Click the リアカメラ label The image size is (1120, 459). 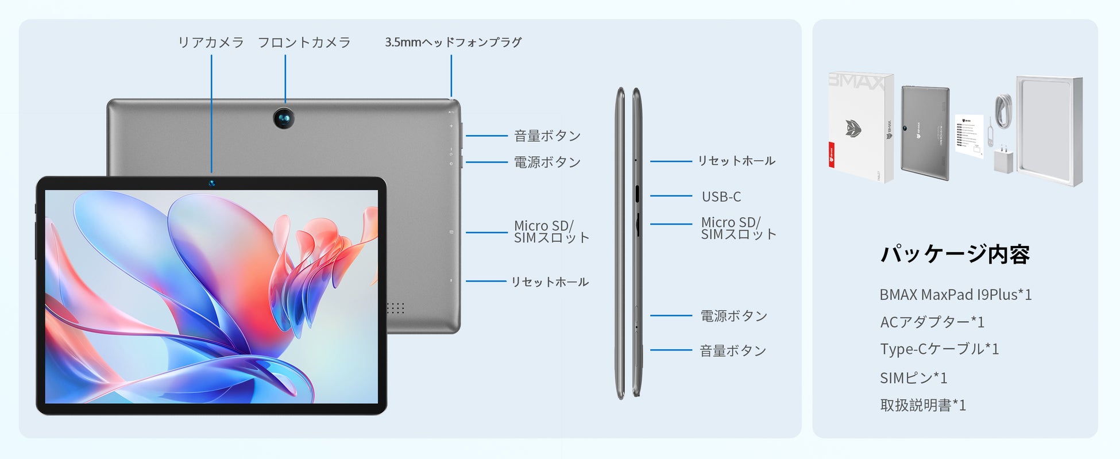(x=211, y=43)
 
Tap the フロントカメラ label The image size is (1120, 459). (x=304, y=43)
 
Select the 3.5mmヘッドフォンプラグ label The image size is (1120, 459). (x=453, y=43)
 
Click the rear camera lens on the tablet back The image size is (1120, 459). (x=284, y=118)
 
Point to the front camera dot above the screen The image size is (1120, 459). (x=212, y=183)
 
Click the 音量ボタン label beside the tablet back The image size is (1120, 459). (x=547, y=136)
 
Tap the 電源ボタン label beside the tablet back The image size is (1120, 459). (x=547, y=163)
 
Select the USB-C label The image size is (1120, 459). (x=721, y=196)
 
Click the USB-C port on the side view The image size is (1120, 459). (x=638, y=194)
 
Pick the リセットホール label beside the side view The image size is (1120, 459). (x=736, y=161)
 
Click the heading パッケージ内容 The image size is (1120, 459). (x=955, y=254)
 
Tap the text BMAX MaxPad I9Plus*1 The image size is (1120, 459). (x=956, y=295)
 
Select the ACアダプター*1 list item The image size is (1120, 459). (x=932, y=322)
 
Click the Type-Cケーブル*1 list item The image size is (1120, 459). (x=939, y=349)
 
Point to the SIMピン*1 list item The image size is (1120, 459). (x=913, y=378)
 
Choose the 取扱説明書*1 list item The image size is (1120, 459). (x=923, y=406)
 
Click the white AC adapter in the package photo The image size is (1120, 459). (x=1003, y=160)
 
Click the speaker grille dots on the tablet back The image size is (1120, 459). (x=395, y=308)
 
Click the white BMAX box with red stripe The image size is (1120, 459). (x=860, y=128)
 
